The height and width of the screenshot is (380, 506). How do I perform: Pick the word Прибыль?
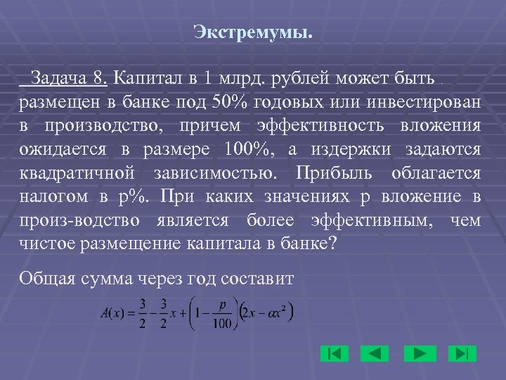(x=332, y=172)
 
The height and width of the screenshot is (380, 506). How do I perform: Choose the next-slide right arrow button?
(x=421, y=353)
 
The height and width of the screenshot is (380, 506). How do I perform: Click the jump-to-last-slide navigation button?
(x=464, y=353)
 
